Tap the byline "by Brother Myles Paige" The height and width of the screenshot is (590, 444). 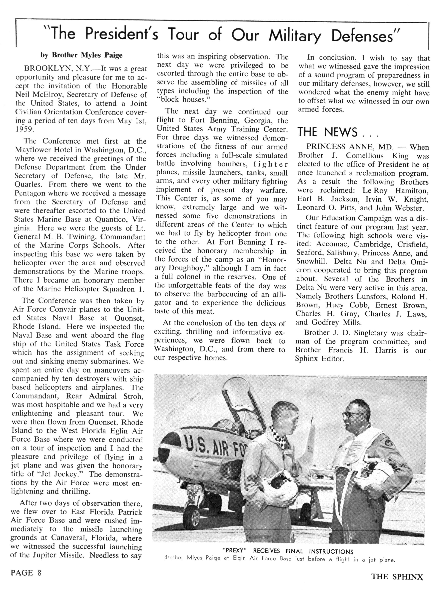tap(81, 55)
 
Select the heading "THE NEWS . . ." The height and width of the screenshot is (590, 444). tap(338, 132)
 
